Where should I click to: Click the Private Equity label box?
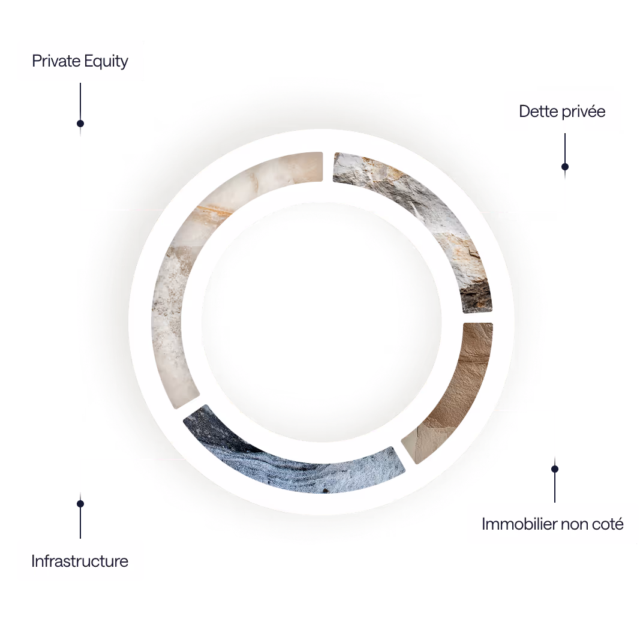80,61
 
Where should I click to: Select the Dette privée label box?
562,111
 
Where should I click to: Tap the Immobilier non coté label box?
552,524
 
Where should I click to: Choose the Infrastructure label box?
80,561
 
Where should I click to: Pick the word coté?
608,524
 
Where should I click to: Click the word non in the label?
575,524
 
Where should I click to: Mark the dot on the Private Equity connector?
80,123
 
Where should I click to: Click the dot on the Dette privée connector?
564,167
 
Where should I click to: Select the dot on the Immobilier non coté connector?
555,469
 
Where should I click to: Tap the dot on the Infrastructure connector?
80,504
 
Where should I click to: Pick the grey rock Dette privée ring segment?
432,216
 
